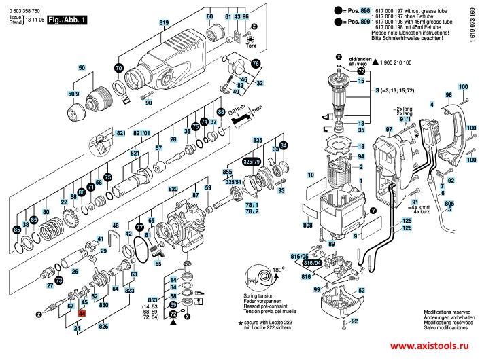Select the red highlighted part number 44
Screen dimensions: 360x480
pyautogui.click(x=82, y=313)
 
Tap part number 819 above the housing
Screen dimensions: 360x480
pyautogui.click(x=164, y=24)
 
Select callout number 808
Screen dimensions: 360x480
pyautogui.click(x=307, y=224)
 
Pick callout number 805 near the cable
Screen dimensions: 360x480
pyautogui.click(x=449, y=203)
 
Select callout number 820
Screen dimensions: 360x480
pyautogui.click(x=173, y=188)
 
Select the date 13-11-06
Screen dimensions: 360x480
pyautogui.click(x=35, y=21)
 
